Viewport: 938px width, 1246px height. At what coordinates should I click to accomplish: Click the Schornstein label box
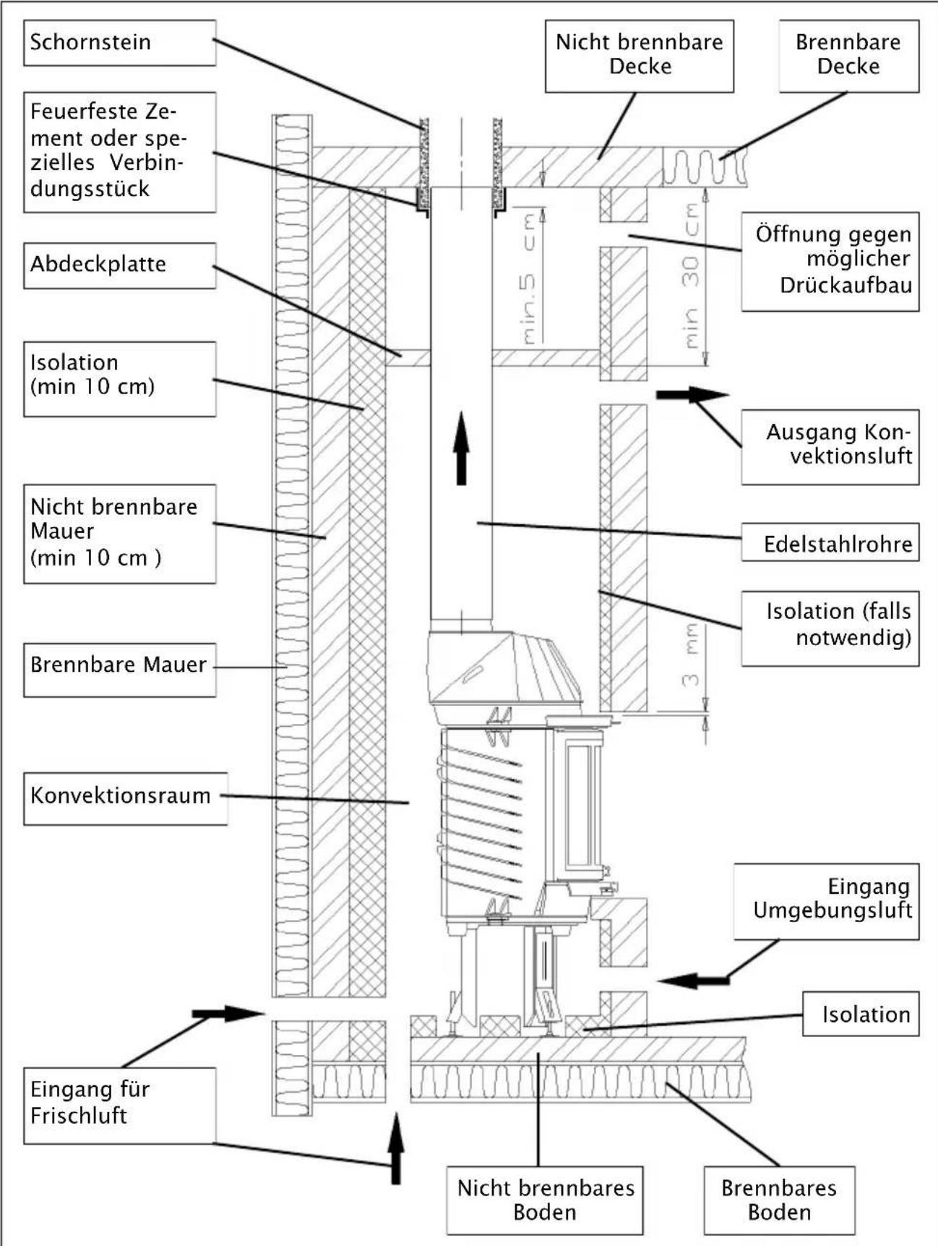(x=119, y=43)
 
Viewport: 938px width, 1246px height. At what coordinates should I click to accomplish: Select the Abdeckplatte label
(x=119, y=265)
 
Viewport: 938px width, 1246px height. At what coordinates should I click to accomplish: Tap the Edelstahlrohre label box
(x=830, y=543)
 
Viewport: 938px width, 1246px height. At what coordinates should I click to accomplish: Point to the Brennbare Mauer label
(x=119, y=666)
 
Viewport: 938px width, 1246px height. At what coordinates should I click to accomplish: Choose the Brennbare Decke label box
(x=848, y=55)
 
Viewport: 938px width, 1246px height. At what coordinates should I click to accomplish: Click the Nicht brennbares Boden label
(x=544, y=1199)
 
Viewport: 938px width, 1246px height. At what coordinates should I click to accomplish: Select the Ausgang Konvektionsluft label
(x=830, y=445)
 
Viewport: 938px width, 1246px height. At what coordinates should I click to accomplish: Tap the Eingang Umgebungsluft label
(x=826, y=900)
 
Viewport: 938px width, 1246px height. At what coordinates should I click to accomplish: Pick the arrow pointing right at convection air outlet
(x=692, y=395)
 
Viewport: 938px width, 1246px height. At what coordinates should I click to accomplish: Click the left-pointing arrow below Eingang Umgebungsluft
(x=692, y=981)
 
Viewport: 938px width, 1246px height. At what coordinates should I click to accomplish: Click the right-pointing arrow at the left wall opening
(x=228, y=1014)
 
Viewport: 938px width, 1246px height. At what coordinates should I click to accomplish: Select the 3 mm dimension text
(x=691, y=654)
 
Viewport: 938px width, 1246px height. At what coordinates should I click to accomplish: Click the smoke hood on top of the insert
(x=504, y=669)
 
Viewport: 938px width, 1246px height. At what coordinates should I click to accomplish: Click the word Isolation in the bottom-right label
(x=865, y=1015)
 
